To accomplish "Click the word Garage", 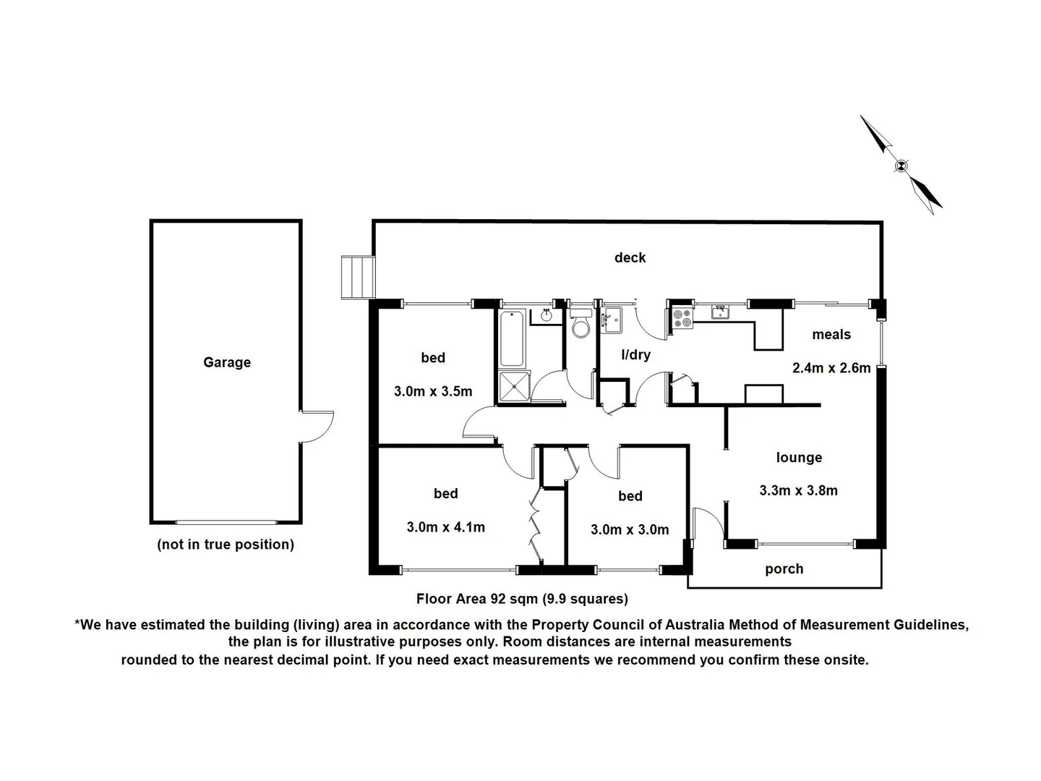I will click(x=226, y=362).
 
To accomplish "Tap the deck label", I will click(x=630, y=257).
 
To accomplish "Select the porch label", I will click(x=784, y=569).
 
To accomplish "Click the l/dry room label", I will click(x=635, y=354).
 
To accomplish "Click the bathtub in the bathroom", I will click(x=512, y=338).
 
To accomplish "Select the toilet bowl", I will click(x=581, y=327).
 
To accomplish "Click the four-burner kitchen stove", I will click(x=682, y=318).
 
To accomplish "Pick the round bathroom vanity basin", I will click(x=547, y=315).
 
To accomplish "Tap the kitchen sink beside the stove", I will click(x=719, y=312).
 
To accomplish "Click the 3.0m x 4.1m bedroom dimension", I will click(x=445, y=527).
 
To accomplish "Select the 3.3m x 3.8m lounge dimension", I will click(x=798, y=490).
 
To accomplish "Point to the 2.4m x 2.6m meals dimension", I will click(x=831, y=367).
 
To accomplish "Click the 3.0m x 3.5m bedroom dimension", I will click(x=433, y=391).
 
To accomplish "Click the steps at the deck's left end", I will click(x=358, y=276).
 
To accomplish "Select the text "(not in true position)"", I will click(x=226, y=545).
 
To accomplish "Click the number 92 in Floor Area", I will click(x=498, y=599).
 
